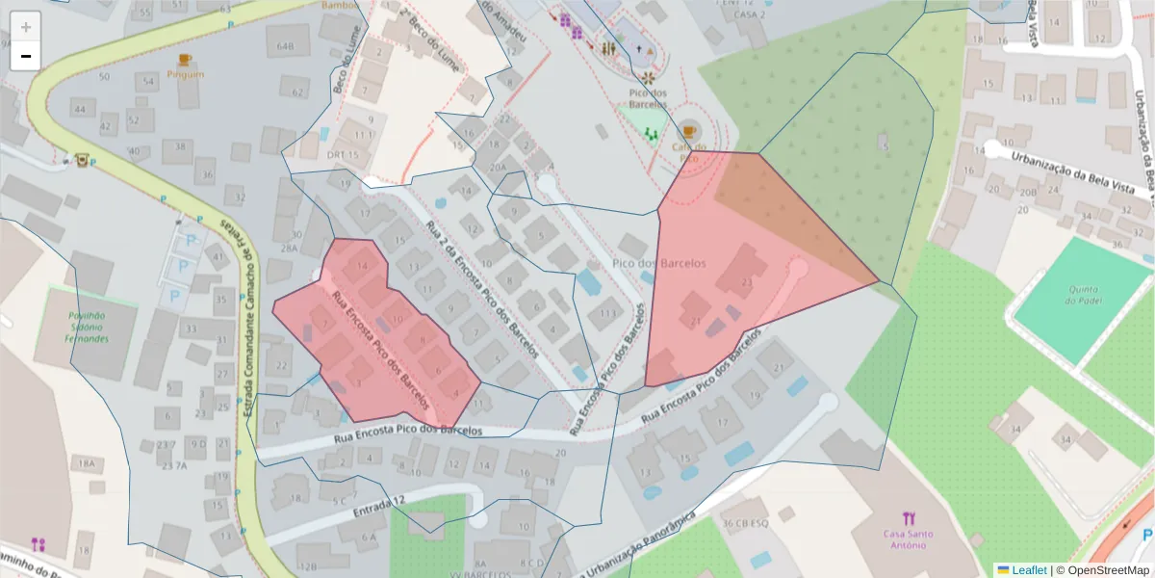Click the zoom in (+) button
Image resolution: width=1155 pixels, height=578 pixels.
26,26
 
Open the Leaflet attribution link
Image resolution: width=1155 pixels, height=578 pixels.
1029,569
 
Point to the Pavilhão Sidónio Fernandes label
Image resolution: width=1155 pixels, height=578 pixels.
86,328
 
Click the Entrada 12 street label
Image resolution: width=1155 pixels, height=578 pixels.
380,503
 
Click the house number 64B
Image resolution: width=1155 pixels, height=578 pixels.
285,46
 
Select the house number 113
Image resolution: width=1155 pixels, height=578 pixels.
607,314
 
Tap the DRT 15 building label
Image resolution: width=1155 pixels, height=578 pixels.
343,155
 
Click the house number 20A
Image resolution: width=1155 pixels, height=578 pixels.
498,167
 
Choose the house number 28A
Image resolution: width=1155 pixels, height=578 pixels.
289,249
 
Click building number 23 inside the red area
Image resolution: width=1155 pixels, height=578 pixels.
747,282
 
